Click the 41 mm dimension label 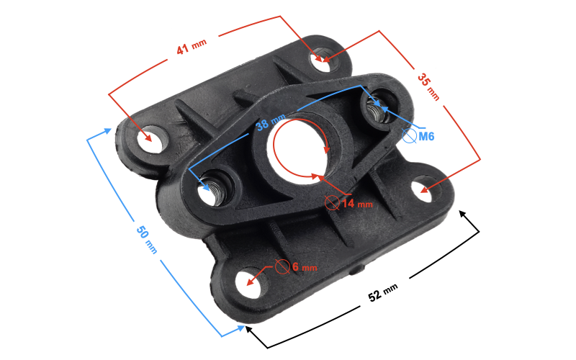pyautogui.click(x=192, y=47)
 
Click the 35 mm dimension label pyautogui.click(x=428, y=87)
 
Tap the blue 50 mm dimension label pyautogui.click(x=146, y=240)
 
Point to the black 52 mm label pyautogui.click(x=383, y=292)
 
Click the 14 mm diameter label pyautogui.click(x=357, y=204)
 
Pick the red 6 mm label pyautogui.click(x=305, y=266)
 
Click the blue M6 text pyautogui.click(x=426, y=137)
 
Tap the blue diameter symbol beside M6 pyautogui.click(x=409, y=136)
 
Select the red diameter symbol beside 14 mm pyautogui.click(x=332, y=203)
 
